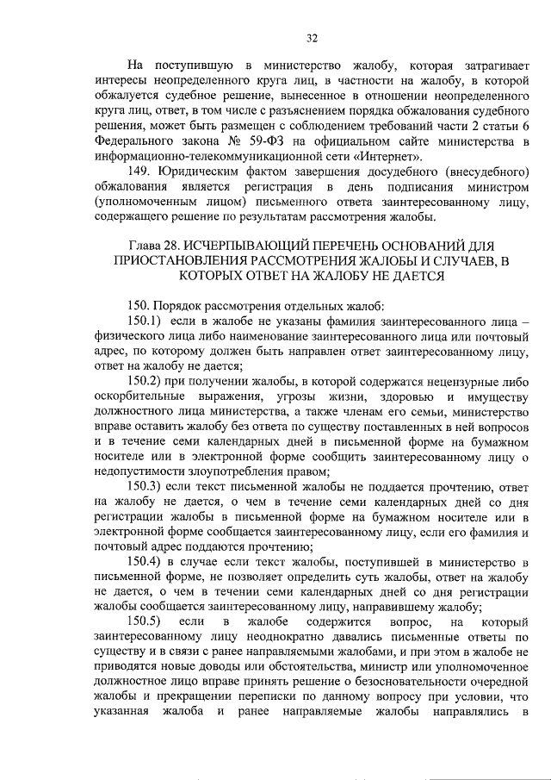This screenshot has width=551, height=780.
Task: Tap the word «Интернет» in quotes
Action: coord(392,157)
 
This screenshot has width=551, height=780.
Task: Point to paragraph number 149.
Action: coord(140,172)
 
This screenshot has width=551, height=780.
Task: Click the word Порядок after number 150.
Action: coord(182,305)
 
